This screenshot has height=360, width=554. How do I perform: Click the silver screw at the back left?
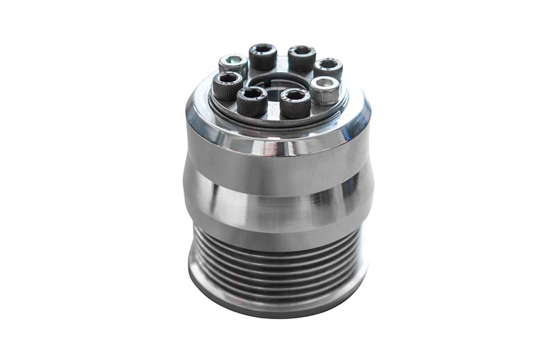pyautogui.click(x=233, y=64)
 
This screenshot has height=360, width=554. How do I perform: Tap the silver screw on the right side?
pyautogui.click(x=324, y=89)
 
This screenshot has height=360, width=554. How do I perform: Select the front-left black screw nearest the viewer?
pyautogui.click(x=252, y=101)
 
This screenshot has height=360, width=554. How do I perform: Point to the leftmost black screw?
pyautogui.click(x=227, y=86)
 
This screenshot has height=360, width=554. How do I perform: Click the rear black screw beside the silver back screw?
pyautogui.click(x=262, y=56)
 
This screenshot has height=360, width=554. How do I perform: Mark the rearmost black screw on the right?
pyautogui.click(x=328, y=68)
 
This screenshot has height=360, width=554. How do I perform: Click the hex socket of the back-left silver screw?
pyautogui.click(x=233, y=60)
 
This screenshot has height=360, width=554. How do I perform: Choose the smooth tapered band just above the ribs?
pyautogui.click(x=277, y=215)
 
